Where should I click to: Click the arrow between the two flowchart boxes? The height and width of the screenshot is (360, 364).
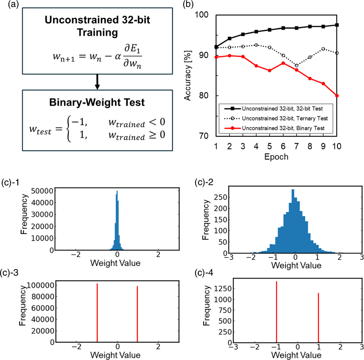[97, 82]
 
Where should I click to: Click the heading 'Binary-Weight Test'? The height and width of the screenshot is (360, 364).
[97, 102]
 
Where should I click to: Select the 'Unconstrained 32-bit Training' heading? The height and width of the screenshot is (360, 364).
[97, 26]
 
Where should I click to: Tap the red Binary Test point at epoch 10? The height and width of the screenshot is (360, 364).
[337, 96]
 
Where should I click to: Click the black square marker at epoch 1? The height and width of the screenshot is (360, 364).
[216, 47]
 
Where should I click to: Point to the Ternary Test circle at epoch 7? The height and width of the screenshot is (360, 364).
[297, 66]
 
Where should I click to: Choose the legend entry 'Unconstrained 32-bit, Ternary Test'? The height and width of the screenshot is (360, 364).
[285, 118]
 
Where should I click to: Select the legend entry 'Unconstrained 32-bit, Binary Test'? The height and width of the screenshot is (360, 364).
[283, 128]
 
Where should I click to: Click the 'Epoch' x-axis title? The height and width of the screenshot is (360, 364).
[276, 157]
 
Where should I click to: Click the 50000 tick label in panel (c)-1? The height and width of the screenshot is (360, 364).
[42, 191]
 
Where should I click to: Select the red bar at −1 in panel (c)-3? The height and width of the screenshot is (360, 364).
[97, 313]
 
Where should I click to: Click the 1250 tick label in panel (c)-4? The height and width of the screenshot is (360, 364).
[221, 289]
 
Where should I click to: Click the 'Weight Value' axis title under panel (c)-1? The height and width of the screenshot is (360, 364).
[115, 263]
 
